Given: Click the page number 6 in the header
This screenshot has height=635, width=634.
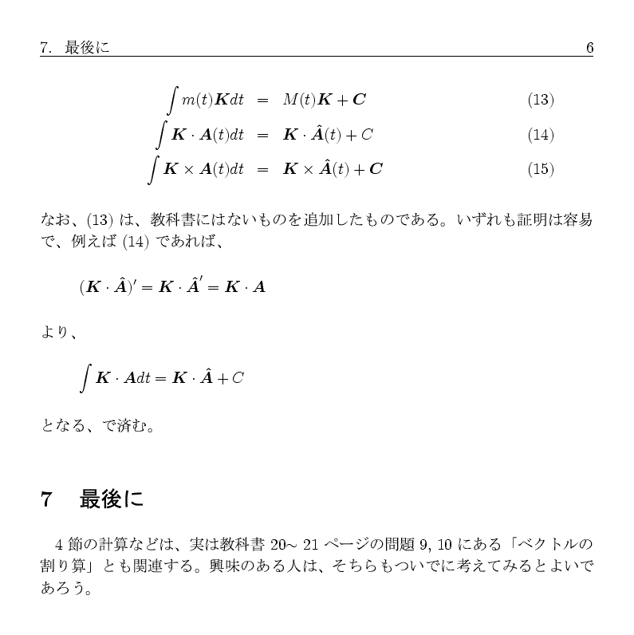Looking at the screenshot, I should point(589,48).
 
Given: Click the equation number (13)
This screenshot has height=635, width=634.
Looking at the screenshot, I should point(540,100).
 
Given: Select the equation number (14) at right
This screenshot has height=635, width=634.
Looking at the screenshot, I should point(540,135).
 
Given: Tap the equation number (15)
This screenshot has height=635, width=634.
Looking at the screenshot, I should point(540,169).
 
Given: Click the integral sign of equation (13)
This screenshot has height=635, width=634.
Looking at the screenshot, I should point(172,100).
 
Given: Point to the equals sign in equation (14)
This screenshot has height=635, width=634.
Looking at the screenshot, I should point(262,135).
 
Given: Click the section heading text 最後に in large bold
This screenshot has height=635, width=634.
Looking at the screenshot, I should point(112,500).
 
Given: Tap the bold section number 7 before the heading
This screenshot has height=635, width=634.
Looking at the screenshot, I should point(46,500).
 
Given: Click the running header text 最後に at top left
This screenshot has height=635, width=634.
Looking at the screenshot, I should point(88,48).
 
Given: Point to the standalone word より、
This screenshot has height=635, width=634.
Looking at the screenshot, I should point(58,332).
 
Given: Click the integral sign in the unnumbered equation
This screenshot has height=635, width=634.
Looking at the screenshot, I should point(85,377).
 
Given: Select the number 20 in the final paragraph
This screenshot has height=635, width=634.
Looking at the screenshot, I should point(279,546).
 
